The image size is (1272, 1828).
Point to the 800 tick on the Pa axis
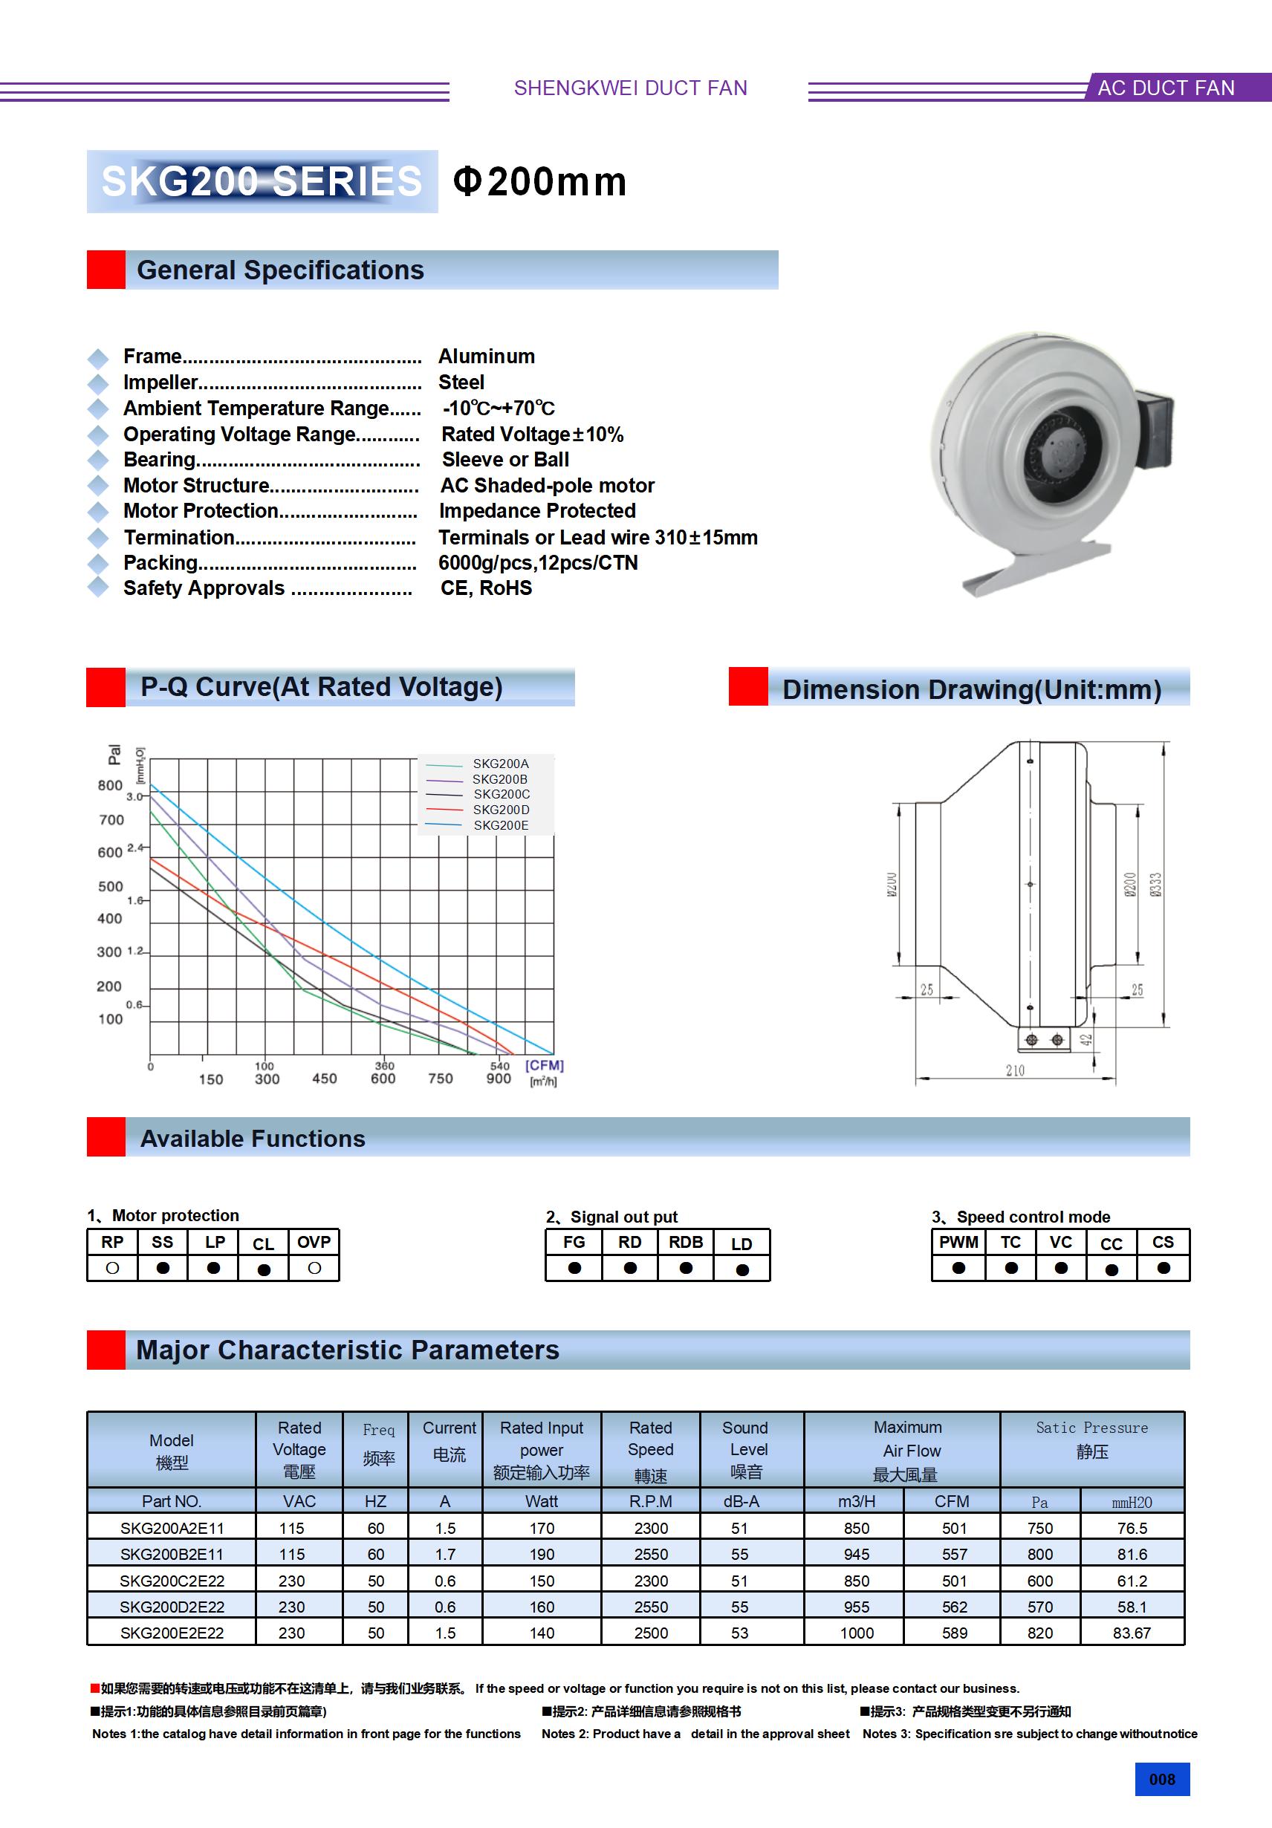tap(110, 786)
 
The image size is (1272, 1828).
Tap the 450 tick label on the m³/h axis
tap(324, 1079)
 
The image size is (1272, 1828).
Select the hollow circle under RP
tap(112, 1268)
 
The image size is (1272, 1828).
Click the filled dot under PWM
tap(958, 1268)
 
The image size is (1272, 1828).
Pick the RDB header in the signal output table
tap(685, 1242)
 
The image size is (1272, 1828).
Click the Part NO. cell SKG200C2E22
tap(172, 1581)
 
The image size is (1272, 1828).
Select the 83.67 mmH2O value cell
tap(1132, 1633)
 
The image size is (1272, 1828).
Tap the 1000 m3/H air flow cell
tap(856, 1633)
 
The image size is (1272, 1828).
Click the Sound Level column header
tap(745, 1450)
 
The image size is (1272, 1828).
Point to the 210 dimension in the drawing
tap(1015, 1071)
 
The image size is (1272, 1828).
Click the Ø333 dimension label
tap(1155, 885)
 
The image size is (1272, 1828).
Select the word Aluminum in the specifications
tap(487, 357)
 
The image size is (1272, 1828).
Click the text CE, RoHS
tap(486, 588)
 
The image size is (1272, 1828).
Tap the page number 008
tap(1161, 1780)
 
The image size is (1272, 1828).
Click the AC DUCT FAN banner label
tap(1165, 88)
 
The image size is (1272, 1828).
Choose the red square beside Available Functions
tap(106, 1137)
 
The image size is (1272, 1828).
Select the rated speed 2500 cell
tap(651, 1633)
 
